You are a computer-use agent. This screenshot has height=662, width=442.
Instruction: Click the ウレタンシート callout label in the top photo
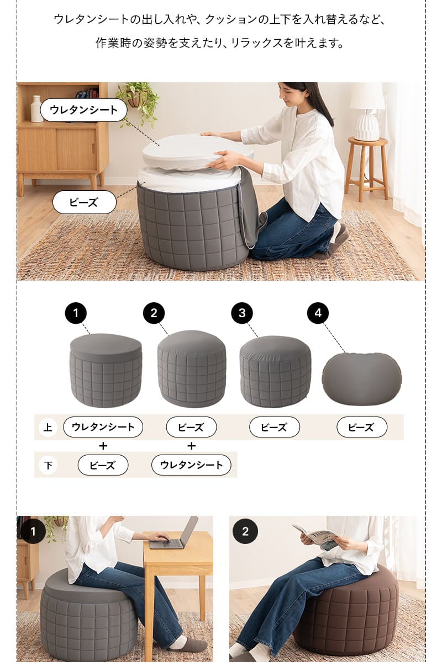[x=83, y=110]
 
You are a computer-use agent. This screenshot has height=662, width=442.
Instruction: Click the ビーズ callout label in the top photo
[x=84, y=202]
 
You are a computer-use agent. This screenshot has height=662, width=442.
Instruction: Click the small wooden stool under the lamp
[x=367, y=165]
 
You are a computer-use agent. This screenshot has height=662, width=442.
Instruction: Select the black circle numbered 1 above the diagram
[x=76, y=313]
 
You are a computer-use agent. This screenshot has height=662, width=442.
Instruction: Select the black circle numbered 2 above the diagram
[x=154, y=313]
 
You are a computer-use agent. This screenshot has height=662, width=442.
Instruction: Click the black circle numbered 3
[x=242, y=313]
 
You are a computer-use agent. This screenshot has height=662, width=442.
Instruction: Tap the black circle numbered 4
[x=318, y=313]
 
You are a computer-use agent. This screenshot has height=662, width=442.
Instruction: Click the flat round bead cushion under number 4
[x=362, y=378]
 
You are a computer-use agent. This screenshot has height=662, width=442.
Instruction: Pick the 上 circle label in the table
[x=48, y=427]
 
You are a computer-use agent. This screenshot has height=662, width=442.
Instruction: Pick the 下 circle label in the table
[x=48, y=465]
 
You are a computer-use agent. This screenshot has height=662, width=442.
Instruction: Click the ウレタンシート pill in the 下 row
[x=191, y=465]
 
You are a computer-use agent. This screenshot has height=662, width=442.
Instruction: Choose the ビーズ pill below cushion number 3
[x=274, y=427]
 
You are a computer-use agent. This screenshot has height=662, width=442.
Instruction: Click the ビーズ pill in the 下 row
[x=103, y=465]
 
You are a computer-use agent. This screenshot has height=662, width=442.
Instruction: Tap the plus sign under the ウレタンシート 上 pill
[x=103, y=446]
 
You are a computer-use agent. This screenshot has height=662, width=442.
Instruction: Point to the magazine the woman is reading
[x=317, y=536]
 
